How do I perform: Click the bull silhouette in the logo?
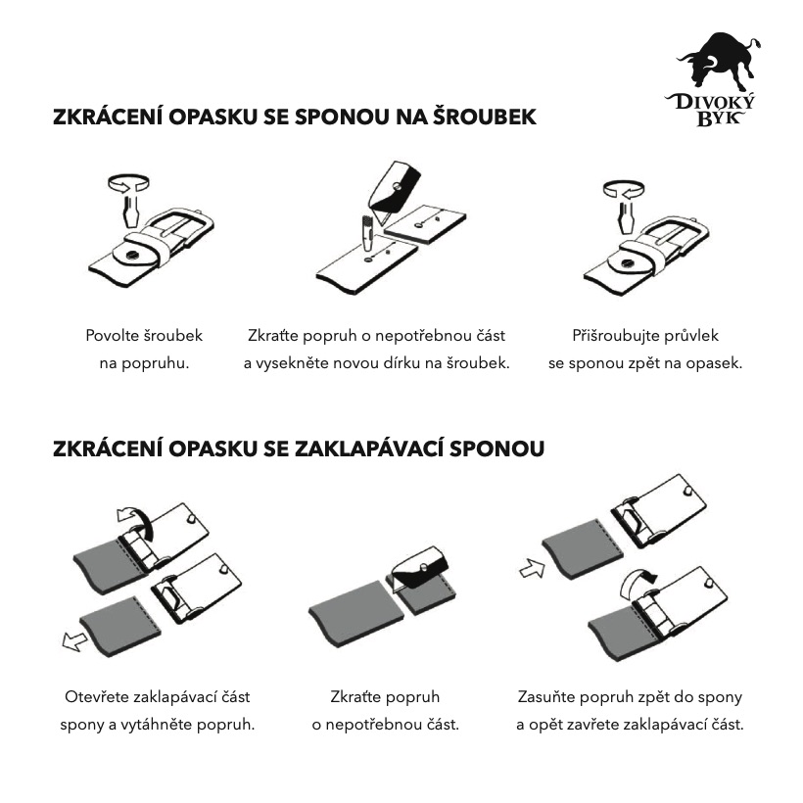point(717,64)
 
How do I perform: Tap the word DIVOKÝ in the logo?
point(711,102)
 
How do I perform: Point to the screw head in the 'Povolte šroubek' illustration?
point(132,254)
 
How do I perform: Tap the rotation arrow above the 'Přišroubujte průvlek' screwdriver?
point(624,188)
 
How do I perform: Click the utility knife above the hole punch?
point(394,193)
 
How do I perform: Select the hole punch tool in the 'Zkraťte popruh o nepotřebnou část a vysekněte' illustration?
point(367,233)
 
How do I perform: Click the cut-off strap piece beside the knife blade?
point(425,224)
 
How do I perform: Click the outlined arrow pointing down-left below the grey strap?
point(74,640)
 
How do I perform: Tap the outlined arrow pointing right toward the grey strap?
point(532,568)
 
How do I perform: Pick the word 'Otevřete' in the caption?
point(96,696)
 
